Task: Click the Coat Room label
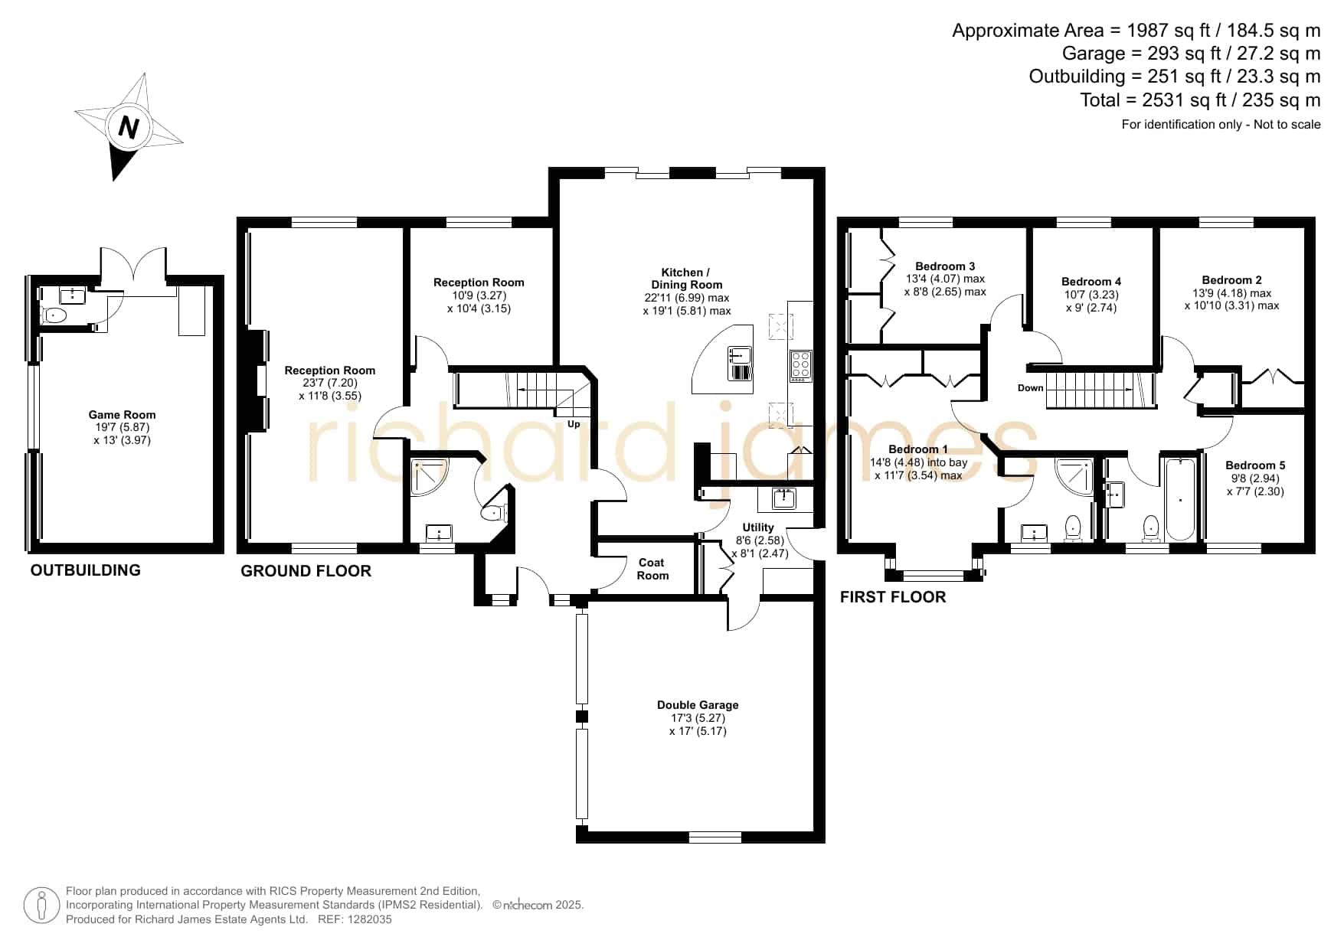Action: (x=652, y=569)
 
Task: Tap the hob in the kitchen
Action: (x=800, y=365)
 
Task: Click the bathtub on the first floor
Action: (x=1180, y=498)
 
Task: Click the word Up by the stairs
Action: (x=574, y=424)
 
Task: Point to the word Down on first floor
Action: (x=1030, y=388)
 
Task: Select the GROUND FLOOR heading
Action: (x=306, y=571)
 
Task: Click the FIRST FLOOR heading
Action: (x=893, y=597)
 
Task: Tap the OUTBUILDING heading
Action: (x=86, y=570)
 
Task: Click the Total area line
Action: (x=1200, y=100)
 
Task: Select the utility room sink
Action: (x=782, y=499)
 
